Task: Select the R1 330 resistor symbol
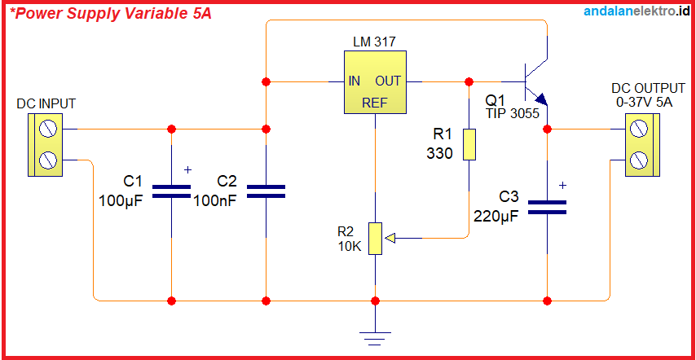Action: click(469, 144)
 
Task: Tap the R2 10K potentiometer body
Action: click(374, 238)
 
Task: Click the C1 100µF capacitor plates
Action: click(171, 191)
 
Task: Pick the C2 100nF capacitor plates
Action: click(266, 191)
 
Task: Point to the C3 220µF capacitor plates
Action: click(547, 208)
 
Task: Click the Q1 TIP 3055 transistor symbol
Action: click(534, 81)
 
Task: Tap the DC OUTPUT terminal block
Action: click(641, 144)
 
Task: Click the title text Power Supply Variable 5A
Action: click(110, 14)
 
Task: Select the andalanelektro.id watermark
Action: click(637, 11)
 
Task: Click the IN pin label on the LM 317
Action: click(355, 81)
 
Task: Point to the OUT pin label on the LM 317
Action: click(388, 81)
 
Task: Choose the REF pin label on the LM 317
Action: click(374, 103)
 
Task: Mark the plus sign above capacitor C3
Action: click(562, 186)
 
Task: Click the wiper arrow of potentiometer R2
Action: click(390, 239)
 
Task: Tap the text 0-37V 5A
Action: click(645, 103)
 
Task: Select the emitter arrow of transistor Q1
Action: click(542, 99)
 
